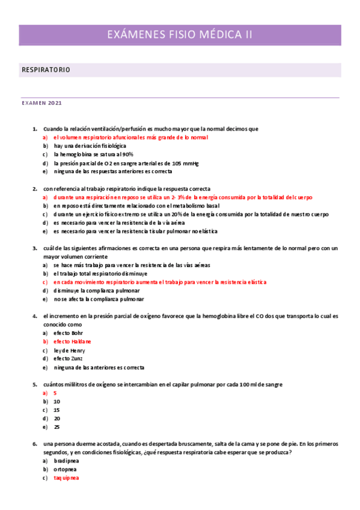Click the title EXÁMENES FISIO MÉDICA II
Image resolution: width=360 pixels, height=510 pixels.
tap(179, 35)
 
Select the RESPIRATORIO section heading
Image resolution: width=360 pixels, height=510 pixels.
tap(46, 70)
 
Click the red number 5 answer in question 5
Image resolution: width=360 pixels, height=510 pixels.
tap(55, 393)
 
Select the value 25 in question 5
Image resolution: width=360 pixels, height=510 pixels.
tap(56, 427)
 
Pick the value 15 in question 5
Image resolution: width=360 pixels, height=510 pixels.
tap(56, 410)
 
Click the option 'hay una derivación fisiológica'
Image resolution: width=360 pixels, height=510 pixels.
tap(90, 146)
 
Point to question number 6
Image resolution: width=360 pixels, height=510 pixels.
tap(35, 444)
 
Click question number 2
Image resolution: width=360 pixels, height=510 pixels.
tap(35, 189)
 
